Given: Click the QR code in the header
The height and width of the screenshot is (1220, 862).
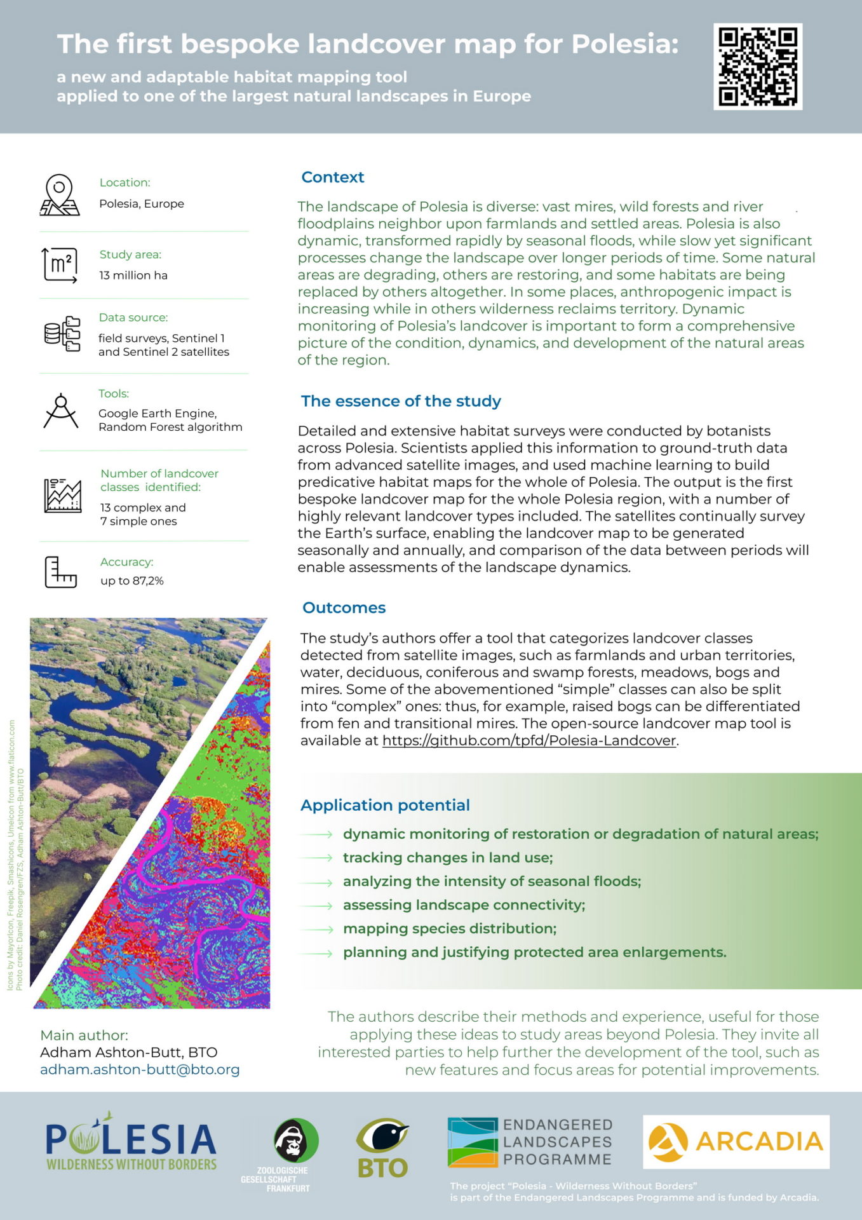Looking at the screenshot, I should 758,67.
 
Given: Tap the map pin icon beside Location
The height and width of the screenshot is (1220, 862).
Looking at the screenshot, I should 60,195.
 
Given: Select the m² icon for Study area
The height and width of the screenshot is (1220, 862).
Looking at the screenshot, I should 60,264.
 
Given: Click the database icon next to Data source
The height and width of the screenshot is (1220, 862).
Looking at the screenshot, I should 62,334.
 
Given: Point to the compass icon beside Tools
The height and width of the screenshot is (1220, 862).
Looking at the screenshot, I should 61,411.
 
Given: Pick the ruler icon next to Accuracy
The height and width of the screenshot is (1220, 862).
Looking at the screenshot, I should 60,572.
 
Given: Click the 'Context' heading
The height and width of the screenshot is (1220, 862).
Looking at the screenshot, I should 332,177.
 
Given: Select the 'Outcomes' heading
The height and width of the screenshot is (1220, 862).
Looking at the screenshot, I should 344,607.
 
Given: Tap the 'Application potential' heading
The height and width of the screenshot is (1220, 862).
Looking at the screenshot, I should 385,805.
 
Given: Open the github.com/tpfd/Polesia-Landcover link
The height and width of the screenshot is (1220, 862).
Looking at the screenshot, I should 529,740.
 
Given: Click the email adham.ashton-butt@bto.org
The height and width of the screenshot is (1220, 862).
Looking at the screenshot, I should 140,1069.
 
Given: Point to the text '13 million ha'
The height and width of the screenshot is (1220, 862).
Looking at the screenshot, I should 133,275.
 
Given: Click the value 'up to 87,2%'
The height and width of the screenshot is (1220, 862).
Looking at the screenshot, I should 132,581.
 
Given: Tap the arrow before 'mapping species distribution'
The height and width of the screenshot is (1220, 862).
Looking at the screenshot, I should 318,929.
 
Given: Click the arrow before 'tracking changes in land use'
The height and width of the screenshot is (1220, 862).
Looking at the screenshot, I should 318,858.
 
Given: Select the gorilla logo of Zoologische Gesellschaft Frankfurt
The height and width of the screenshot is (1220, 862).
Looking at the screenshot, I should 295,1141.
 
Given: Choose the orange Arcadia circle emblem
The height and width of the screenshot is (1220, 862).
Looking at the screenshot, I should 668,1142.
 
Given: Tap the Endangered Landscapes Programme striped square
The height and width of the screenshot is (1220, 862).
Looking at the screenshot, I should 473,1142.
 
